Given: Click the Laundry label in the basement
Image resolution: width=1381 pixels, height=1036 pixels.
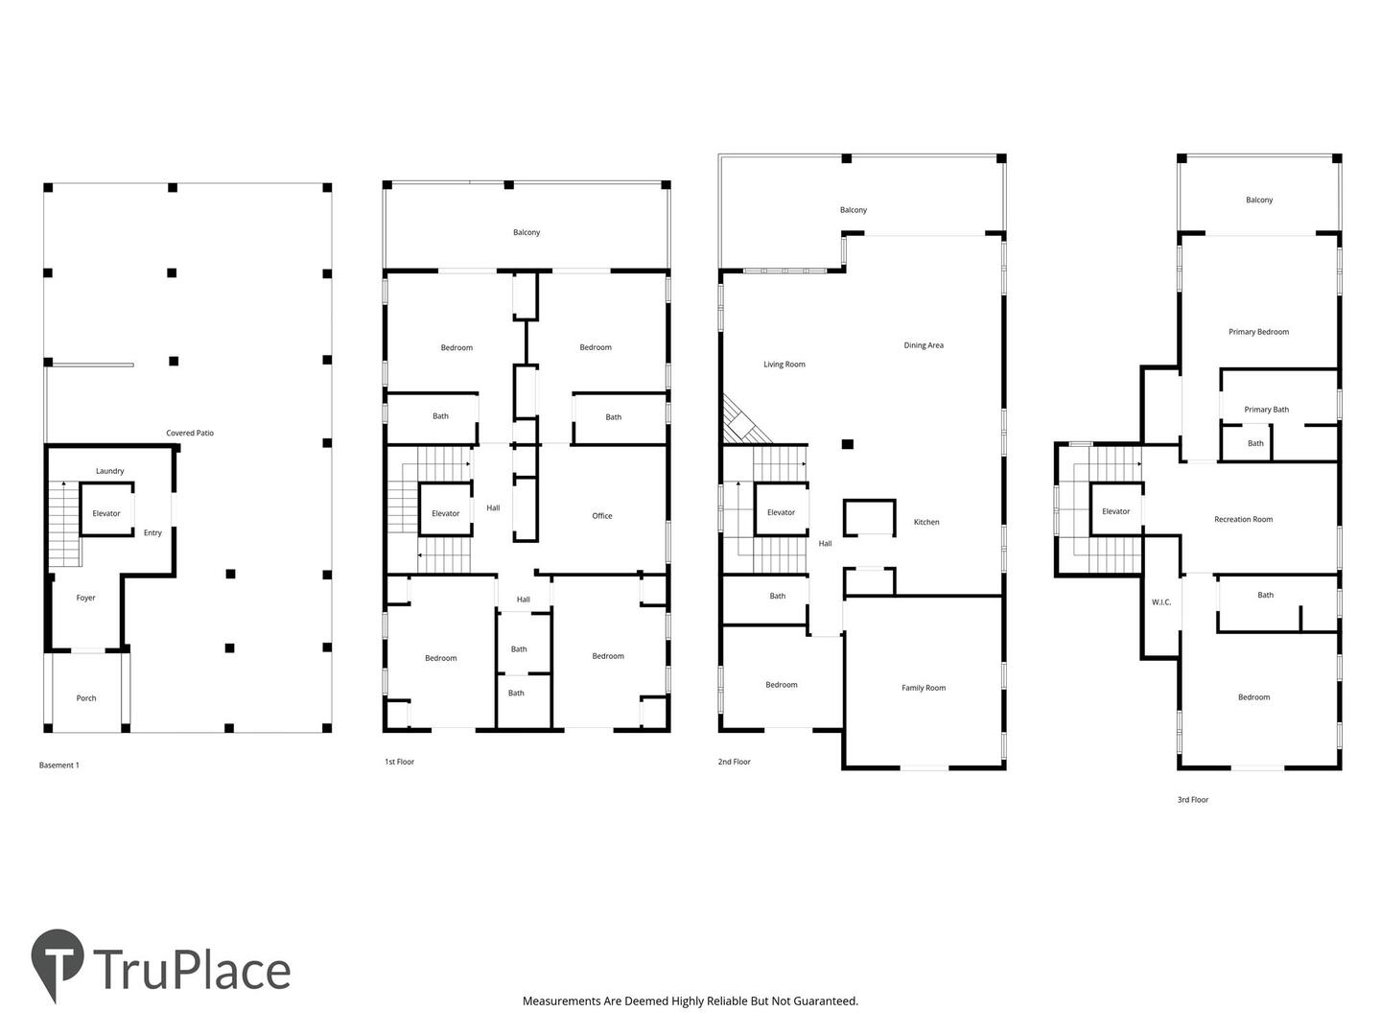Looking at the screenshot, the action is click(x=109, y=471).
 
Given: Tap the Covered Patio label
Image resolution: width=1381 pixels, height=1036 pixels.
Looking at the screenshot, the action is click(x=189, y=433).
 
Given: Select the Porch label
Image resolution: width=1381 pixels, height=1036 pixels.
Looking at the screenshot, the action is click(x=86, y=697).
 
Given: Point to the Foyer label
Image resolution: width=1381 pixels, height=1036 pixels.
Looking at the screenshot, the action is click(x=85, y=598).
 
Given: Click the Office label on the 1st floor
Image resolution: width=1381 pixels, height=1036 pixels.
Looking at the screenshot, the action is click(x=601, y=516).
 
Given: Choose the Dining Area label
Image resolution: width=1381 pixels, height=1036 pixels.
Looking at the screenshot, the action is click(x=923, y=345).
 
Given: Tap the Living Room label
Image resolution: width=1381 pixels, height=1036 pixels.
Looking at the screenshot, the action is click(x=784, y=365).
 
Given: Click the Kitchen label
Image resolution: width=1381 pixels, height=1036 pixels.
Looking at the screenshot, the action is click(x=926, y=522).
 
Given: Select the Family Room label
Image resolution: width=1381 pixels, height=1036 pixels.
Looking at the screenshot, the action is click(x=923, y=688).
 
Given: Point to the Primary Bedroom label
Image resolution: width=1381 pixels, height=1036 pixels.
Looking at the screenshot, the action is click(x=1258, y=332).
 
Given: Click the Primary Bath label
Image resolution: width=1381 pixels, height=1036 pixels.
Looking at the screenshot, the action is click(x=1266, y=410).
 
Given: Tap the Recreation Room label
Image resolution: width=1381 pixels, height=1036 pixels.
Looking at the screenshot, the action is click(x=1243, y=519).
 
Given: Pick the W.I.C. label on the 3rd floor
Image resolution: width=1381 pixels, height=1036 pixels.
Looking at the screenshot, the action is click(x=1160, y=602).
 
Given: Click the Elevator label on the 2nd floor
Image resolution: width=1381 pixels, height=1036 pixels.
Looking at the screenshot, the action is click(x=781, y=512).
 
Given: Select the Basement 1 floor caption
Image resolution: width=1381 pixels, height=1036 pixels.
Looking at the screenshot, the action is click(x=59, y=765).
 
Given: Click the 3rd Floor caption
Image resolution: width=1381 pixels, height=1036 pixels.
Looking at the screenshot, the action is click(x=1192, y=799).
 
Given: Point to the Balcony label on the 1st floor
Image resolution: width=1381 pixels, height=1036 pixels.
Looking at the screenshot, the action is click(x=526, y=233).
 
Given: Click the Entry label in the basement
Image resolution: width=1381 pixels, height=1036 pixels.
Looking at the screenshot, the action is click(x=152, y=532).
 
